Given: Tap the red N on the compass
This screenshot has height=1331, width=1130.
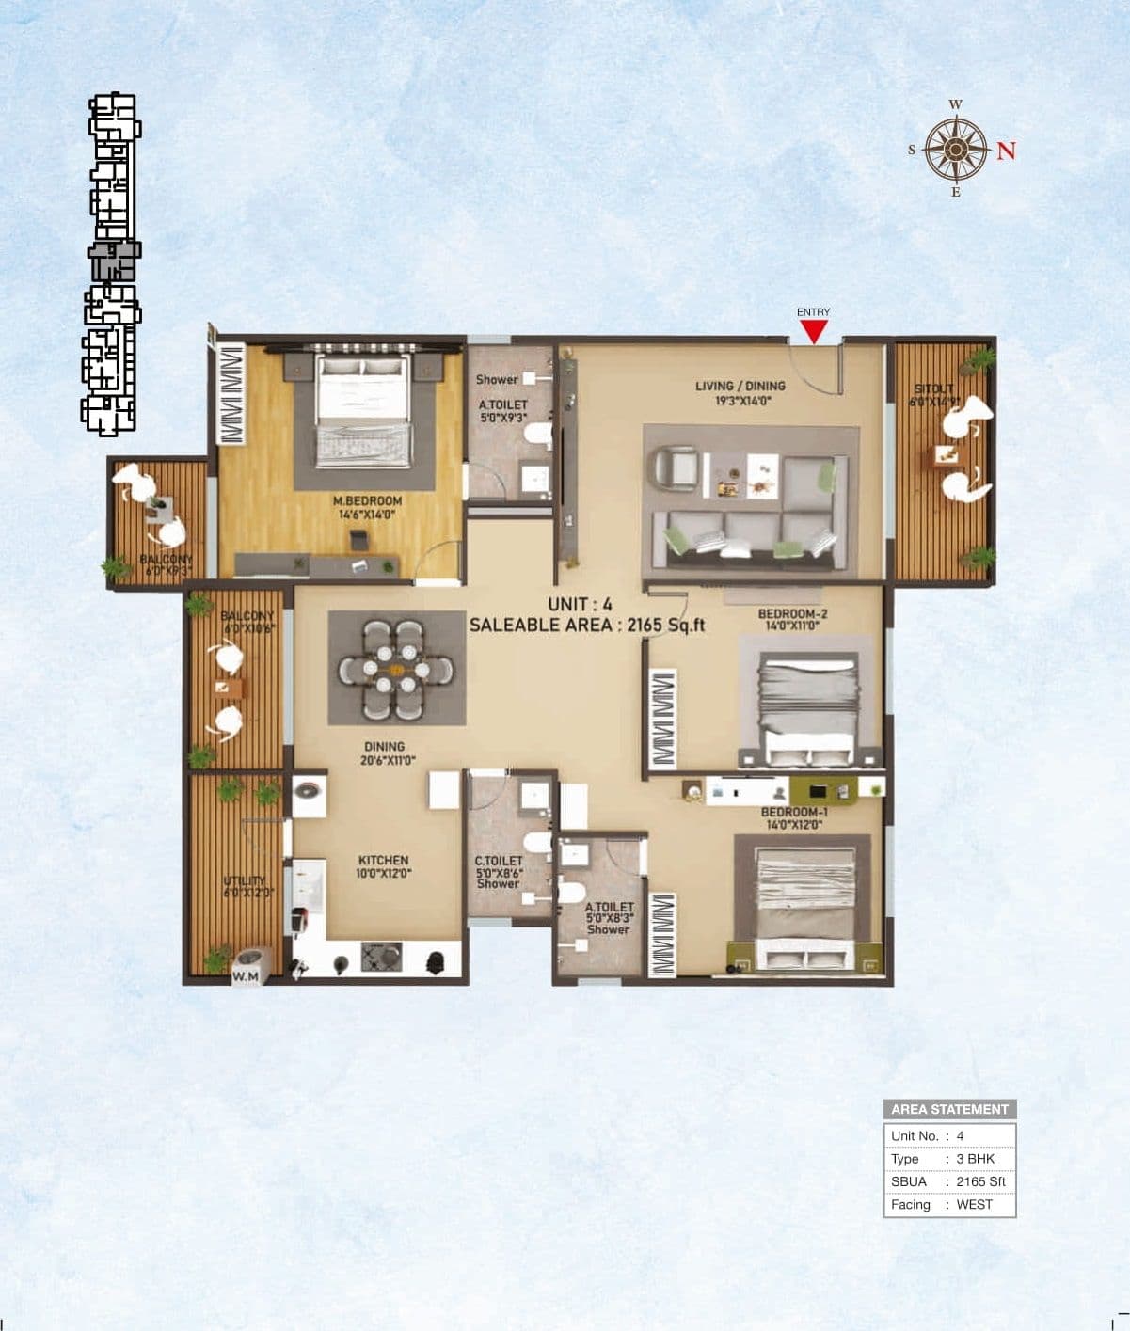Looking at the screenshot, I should [1006, 151].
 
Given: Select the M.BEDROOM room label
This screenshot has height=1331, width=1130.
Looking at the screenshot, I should [367, 501].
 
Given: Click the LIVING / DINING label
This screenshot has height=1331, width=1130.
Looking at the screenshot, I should [740, 386].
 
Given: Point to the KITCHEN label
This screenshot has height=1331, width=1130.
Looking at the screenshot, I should [383, 860].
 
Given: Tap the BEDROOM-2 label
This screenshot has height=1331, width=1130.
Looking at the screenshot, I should [792, 614].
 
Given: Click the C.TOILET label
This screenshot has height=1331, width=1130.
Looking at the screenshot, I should [498, 861].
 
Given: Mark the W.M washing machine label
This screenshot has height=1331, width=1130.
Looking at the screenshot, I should [245, 977].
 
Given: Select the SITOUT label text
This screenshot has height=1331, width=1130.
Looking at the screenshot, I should [933, 388].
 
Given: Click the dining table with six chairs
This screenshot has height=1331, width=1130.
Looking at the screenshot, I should [396, 668].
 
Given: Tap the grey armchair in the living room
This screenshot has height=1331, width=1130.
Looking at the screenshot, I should [675, 467].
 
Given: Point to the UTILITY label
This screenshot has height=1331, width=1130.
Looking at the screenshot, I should [244, 881].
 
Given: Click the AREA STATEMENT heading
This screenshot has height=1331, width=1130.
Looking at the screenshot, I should [949, 1109].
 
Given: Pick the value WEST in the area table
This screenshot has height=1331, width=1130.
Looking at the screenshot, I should [974, 1204].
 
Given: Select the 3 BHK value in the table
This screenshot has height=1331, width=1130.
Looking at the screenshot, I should [975, 1159].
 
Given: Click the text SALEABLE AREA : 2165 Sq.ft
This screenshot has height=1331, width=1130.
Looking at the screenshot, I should [587, 625].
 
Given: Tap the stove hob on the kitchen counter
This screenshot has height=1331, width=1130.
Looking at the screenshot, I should [381, 958].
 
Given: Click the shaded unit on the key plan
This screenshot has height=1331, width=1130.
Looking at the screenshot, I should [114, 261].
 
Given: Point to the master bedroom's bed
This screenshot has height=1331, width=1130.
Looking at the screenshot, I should [363, 410].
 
